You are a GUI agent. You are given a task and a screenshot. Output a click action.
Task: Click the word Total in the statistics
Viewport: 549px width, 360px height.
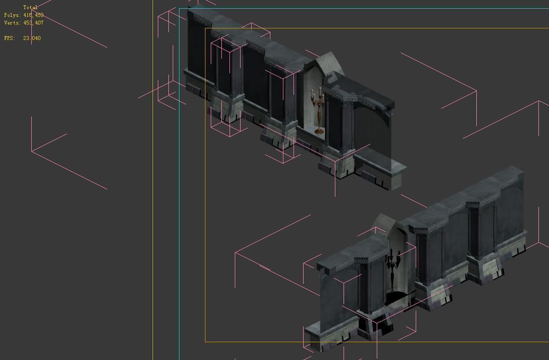[x=30, y=8]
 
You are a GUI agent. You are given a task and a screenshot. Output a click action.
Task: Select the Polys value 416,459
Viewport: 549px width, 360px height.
[x=33, y=15]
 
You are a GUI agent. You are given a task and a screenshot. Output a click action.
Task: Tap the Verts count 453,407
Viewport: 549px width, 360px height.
[x=33, y=23]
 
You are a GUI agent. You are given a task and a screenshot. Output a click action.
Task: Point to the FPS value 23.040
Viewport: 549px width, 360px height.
[x=32, y=39]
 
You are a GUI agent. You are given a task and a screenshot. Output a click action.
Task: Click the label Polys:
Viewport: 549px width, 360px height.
[x=13, y=15]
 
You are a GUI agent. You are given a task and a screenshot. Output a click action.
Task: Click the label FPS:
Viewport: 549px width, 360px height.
[x=10, y=39]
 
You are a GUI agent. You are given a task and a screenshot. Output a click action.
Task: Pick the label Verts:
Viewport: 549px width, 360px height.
[x=13, y=23]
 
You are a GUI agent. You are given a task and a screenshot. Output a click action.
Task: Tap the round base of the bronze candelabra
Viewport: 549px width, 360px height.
[x=319, y=130]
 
